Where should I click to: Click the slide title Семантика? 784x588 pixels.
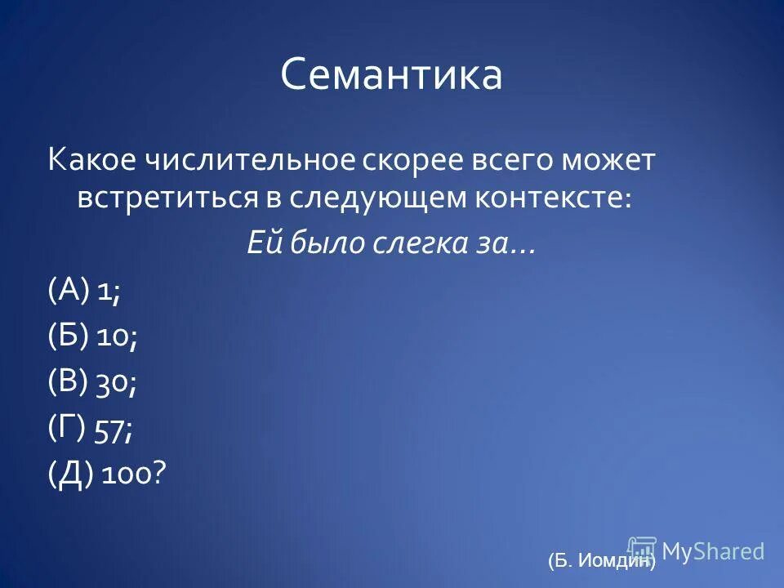(391, 75)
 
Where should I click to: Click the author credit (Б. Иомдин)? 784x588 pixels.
(601, 560)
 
